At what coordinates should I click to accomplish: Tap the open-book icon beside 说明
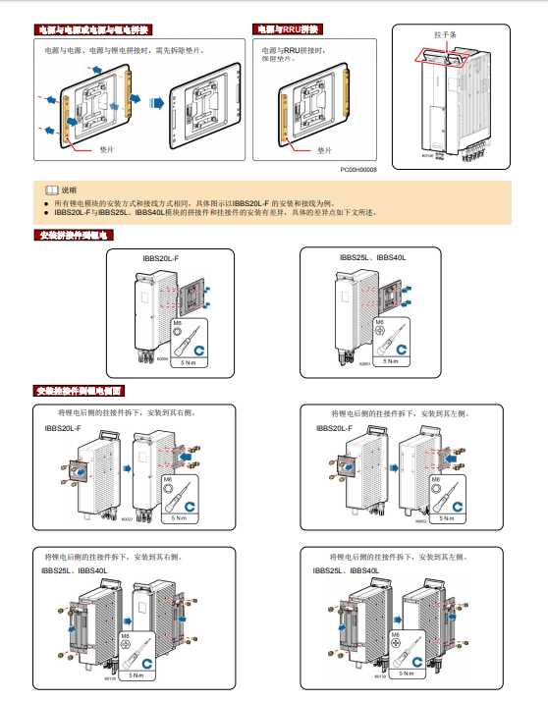(x=51, y=189)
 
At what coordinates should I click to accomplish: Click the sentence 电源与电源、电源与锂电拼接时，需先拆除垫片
(x=125, y=48)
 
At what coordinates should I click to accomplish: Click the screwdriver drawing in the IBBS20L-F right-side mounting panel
(x=176, y=497)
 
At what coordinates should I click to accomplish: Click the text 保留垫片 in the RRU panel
(x=279, y=57)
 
